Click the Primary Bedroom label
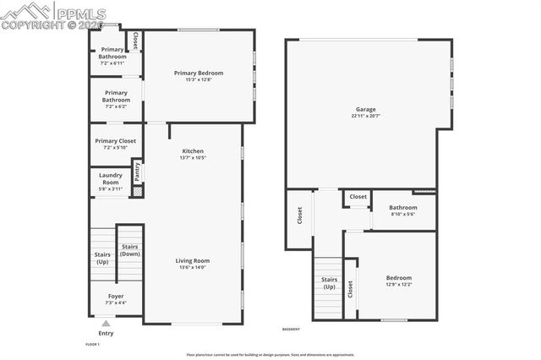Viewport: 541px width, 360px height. click(198, 74)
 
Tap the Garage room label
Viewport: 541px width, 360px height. click(365, 109)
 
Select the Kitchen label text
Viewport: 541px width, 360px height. click(193, 151)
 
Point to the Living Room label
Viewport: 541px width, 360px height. click(193, 260)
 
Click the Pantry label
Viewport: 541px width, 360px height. click(137, 171)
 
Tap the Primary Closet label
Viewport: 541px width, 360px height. click(116, 141)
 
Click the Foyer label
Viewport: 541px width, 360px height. click(116, 296)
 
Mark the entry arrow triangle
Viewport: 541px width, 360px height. click(106, 323)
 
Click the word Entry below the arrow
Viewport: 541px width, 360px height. click(106, 333)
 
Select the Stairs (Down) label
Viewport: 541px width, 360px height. click(129, 250)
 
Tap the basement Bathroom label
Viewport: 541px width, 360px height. click(402, 207)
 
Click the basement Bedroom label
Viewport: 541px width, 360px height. click(399, 278)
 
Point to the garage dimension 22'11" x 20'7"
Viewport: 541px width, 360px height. click(365, 116)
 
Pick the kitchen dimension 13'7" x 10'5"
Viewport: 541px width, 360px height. click(193, 158)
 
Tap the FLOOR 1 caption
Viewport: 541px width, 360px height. click(93, 345)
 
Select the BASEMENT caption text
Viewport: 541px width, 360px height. click(291, 329)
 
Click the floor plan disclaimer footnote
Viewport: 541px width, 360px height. click(270, 354)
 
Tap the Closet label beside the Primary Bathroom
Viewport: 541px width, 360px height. click(134, 41)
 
